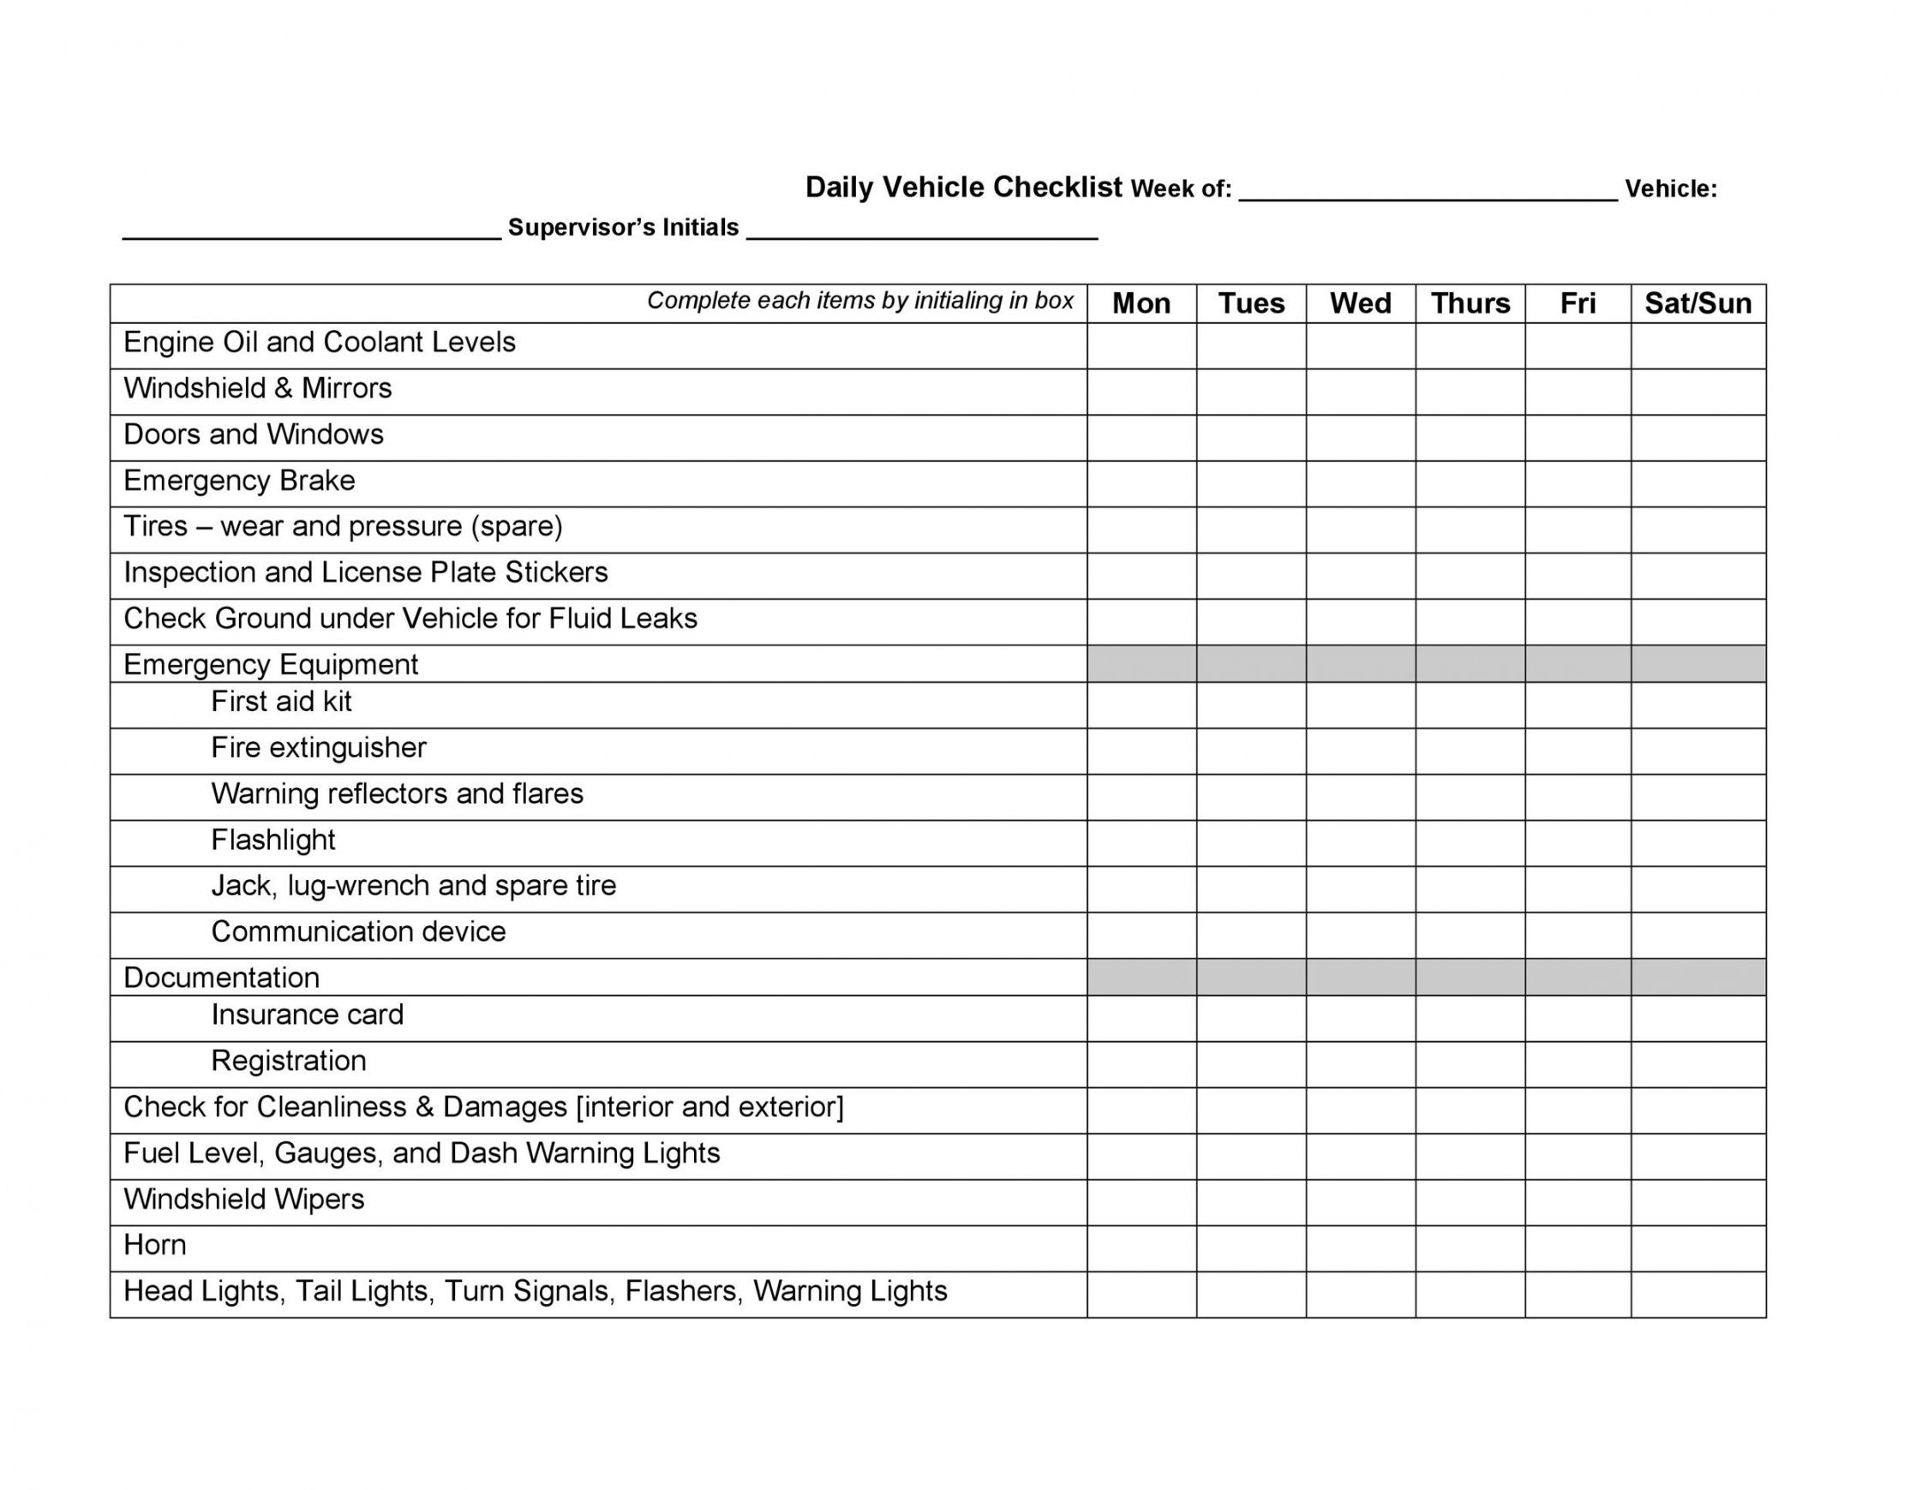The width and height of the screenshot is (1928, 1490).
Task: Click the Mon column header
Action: (1141, 302)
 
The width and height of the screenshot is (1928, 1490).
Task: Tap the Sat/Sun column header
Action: (1697, 302)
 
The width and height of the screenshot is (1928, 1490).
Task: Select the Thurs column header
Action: (1470, 302)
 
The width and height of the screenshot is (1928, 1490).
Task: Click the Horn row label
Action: (155, 1245)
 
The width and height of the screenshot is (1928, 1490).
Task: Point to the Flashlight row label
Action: (272, 840)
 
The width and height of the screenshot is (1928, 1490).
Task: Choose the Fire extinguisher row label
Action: (318, 748)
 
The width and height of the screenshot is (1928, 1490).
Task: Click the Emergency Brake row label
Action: (239, 480)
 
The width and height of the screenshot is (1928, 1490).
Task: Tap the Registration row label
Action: (288, 1060)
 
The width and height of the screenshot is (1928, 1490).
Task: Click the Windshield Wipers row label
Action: (243, 1199)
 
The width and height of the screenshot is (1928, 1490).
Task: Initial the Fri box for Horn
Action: (1578, 1248)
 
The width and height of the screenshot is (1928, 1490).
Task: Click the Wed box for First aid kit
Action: (1361, 705)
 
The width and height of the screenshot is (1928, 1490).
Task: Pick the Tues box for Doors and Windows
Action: (1251, 438)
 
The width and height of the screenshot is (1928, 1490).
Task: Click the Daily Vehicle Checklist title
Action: (963, 187)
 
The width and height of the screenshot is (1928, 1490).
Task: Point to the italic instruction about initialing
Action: (859, 301)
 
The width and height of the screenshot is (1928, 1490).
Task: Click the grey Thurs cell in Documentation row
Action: (1470, 977)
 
